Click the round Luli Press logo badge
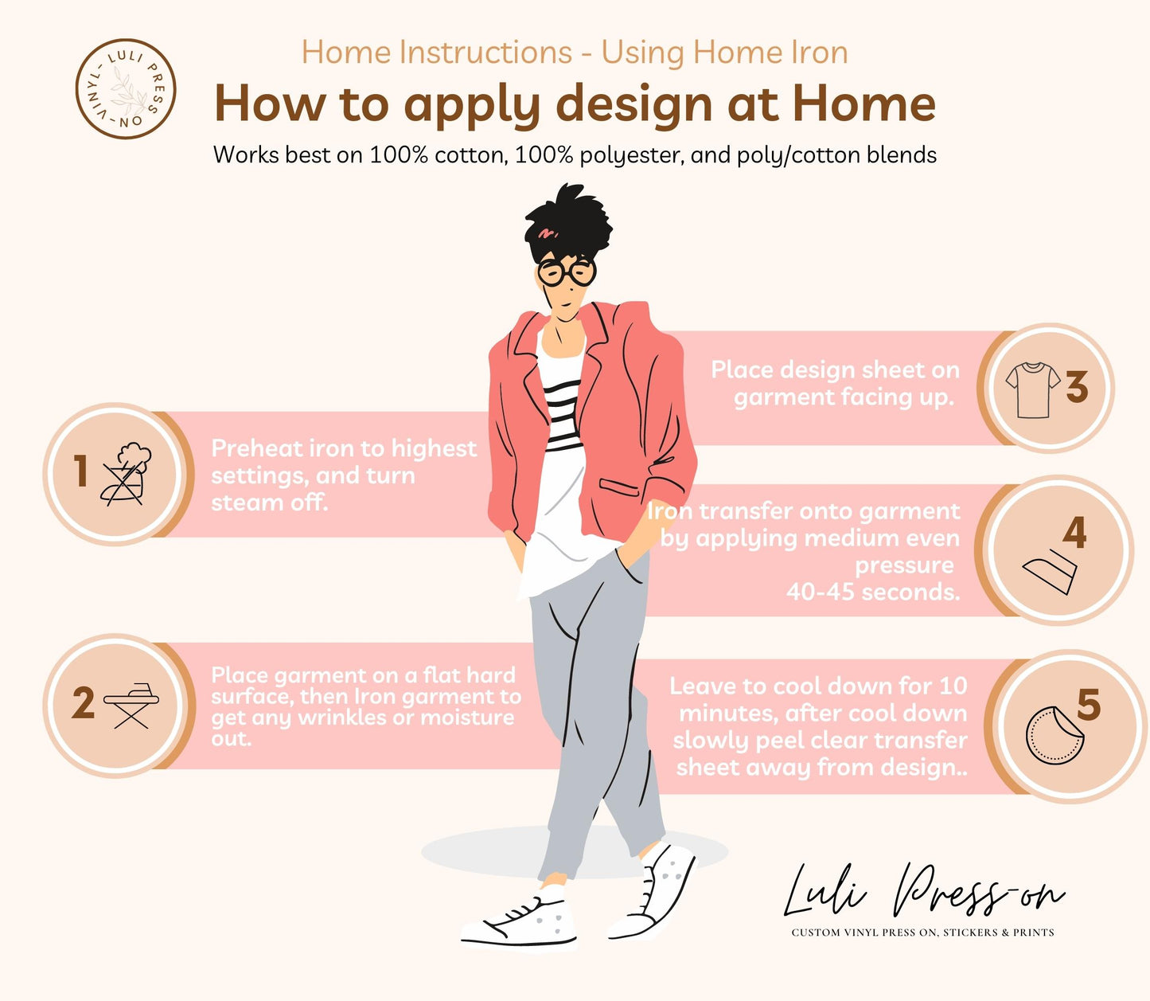coord(125,89)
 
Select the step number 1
coord(81,470)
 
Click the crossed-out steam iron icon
coord(127,474)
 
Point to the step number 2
coord(84,703)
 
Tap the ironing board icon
coord(131,706)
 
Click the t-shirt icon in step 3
coord(1032,389)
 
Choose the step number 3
coord(1077,387)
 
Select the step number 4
coord(1074,532)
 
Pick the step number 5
coord(1089,704)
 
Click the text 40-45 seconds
coord(873,592)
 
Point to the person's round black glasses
coord(567,272)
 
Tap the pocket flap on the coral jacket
coord(619,487)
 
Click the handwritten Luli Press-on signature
coord(923,893)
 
